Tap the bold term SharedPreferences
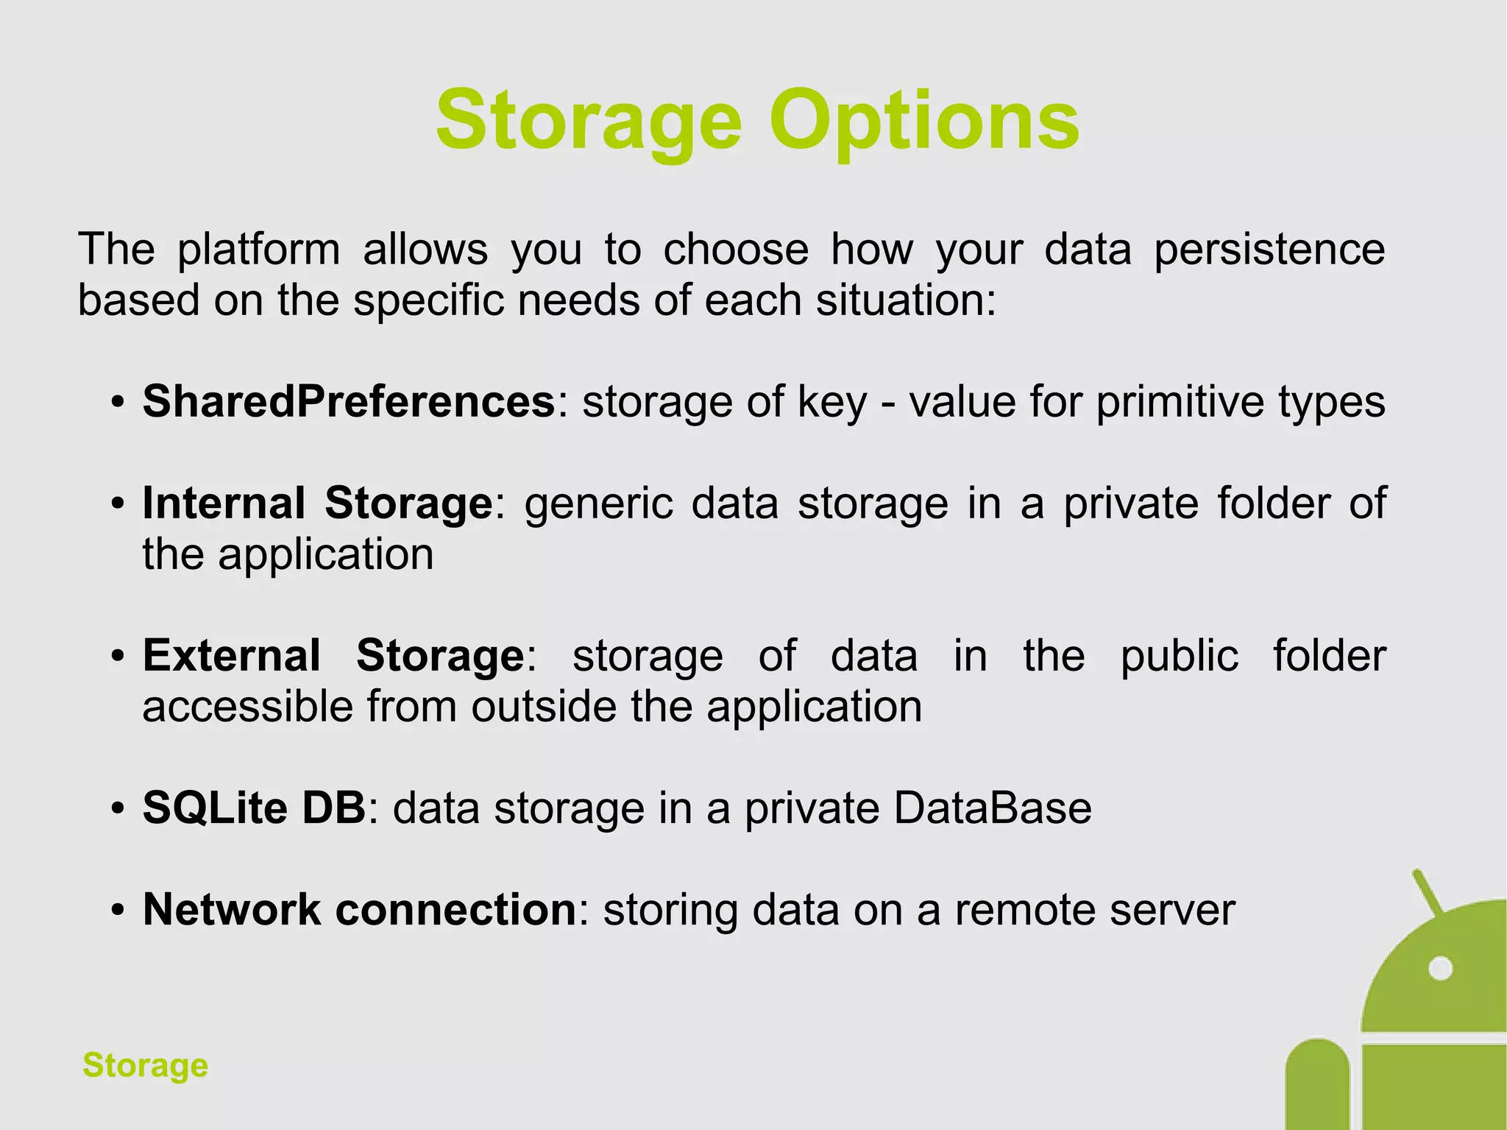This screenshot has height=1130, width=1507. tap(349, 402)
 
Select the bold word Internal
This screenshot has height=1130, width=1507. tap(224, 504)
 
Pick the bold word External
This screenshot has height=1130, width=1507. tap(231, 655)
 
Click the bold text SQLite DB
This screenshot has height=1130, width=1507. tap(254, 808)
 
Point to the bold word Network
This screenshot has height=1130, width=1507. tap(231, 909)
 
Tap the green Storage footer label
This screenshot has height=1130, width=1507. tap(146, 1065)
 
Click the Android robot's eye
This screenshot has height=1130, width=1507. tap(1439, 968)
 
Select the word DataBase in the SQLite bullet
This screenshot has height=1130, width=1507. tap(993, 808)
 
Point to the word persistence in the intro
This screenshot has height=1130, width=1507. tap(1269, 250)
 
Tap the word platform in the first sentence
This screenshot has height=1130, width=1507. tap(258, 250)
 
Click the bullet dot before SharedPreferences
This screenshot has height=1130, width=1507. tap(117, 403)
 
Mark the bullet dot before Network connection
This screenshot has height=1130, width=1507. tap(117, 911)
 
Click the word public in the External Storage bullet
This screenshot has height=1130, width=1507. tap(1180, 655)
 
